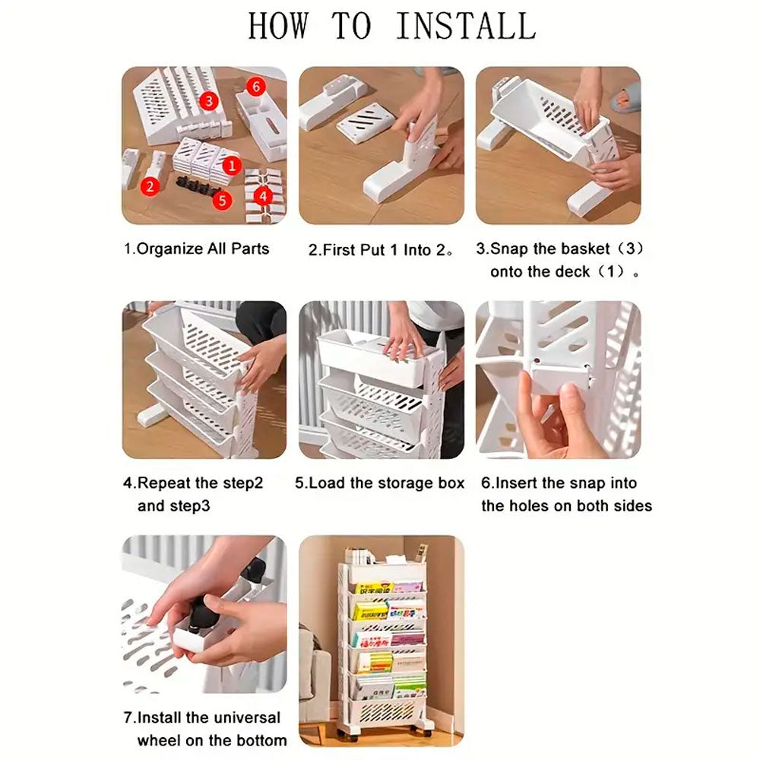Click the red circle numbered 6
click(x=256, y=87)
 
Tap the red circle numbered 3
click(x=208, y=101)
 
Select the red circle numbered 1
click(x=232, y=166)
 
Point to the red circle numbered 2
click(x=150, y=187)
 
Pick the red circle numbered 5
click(x=222, y=200)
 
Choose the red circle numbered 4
click(x=263, y=196)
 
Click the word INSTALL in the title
click(x=466, y=26)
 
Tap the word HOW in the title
click(x=278, y=26)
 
